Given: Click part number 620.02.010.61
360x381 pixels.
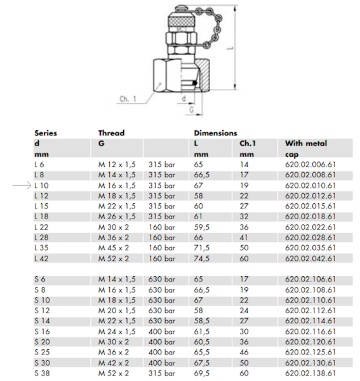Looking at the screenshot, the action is pos(310,185).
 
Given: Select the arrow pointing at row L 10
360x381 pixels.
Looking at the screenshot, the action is pos(22,185).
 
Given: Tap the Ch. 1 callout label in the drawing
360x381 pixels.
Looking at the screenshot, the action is pos(128,99).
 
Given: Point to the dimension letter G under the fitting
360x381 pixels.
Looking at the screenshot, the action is pos(192,110).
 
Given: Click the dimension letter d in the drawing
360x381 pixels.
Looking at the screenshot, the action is pos(184,98).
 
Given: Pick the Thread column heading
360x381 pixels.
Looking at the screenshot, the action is pos(111,133).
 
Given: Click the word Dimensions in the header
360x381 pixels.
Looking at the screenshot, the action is pos(215,133).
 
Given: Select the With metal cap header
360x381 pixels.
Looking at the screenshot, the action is pos(306,149).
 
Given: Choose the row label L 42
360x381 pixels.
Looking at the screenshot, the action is pos(41,258).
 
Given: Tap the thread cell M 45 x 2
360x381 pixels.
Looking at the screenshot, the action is pos(114,248).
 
